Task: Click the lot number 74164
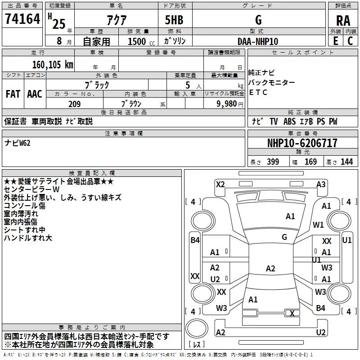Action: [x=22, y=20]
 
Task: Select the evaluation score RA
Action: [x=343, y=21]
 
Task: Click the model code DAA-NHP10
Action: [x=258, y=41]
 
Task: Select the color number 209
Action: [x=74, y=104]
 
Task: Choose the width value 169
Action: [x=310, y=162]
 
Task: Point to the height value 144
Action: [x=346, y=162]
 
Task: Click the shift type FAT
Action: [x=13, y=94]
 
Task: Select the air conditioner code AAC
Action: [x=35, y=94]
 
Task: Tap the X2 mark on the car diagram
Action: [x=220, y=184]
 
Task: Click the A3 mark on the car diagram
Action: [x=321, y=184]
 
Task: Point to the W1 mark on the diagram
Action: [x=319, y=225]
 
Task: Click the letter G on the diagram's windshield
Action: [x=284, y=237]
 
